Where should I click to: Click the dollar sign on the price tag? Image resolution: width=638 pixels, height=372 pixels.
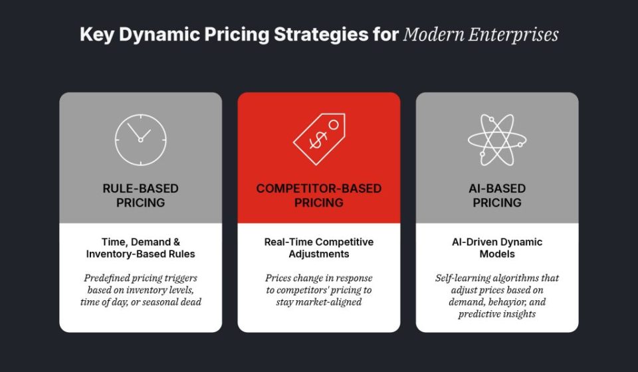pyautogui.click(x=318, y=140)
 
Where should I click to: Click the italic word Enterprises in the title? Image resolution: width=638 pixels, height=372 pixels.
pyautogui.click(x=513, y=35)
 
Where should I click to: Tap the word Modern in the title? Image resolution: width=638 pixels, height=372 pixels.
pyautogui.click(x=433, y=35)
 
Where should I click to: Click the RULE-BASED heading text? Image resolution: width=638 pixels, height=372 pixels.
pyautogui.click(x=140, y=188)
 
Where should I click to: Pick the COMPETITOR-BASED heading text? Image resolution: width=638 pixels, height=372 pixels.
pyautogui.click(x=318, y=188)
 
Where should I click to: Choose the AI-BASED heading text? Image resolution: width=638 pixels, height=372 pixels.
pyautogui.click(x=497, y=188)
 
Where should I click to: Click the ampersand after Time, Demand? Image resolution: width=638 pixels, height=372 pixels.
pyautogui.click(x=176, y=242)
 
